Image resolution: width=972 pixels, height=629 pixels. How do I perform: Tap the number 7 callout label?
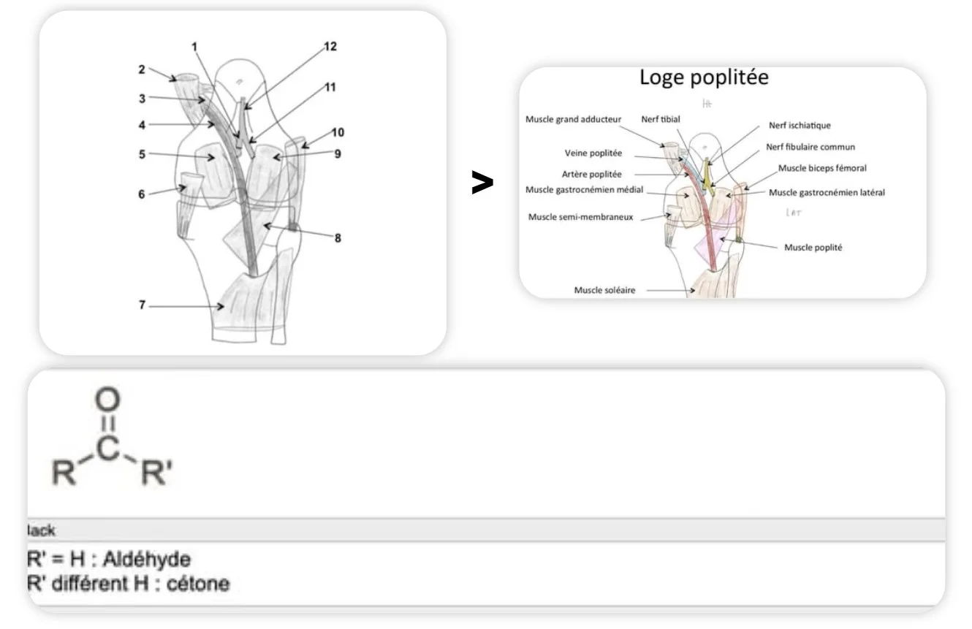click(143, 305)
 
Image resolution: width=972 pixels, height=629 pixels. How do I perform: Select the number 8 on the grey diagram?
click(337, 238)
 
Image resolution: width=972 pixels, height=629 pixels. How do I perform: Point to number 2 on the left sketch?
click(142, 69)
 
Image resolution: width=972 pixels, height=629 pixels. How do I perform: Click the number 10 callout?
click(337, 132)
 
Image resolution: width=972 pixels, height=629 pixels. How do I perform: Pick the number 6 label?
click(143, 194)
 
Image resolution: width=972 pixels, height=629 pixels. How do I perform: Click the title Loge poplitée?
click(704, 77)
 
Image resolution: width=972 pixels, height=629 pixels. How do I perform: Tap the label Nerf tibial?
click(661, 119)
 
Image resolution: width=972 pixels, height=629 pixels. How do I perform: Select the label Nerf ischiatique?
click(800, 126)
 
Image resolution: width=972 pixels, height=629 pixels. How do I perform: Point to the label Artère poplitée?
click(592, 174)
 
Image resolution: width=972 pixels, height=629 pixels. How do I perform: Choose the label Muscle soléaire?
click(604, 290)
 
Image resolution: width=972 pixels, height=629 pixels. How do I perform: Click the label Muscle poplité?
click(813, 248)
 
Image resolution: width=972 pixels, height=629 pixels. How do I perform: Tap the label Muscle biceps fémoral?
click(822, 168)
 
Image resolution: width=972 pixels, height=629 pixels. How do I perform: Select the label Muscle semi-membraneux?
click(580, 216)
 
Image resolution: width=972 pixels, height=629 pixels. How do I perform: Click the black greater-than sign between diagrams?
click(482, 183)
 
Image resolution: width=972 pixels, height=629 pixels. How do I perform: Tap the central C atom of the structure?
click(107, 449)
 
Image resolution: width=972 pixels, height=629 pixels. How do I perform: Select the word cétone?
click(199, 584)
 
